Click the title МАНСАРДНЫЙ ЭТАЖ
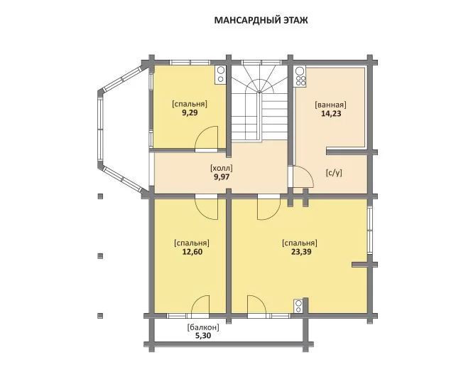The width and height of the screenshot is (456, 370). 261,21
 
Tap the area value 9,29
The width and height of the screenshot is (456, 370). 190,112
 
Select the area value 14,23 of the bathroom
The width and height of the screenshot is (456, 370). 331,113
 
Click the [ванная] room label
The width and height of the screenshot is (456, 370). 331,105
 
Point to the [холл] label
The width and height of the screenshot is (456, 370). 222,168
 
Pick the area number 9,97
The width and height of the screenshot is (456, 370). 222,177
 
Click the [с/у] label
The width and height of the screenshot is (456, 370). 334,173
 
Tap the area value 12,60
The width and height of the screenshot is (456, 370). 192,252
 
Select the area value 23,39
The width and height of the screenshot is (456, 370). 301,252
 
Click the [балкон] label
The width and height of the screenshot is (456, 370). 203,327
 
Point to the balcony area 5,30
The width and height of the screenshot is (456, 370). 203,336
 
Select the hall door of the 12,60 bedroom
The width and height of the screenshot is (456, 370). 206,209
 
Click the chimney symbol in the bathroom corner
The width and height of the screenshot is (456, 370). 300,77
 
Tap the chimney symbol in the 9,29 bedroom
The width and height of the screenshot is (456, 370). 220,75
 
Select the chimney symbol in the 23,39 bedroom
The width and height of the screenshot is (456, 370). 298,306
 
